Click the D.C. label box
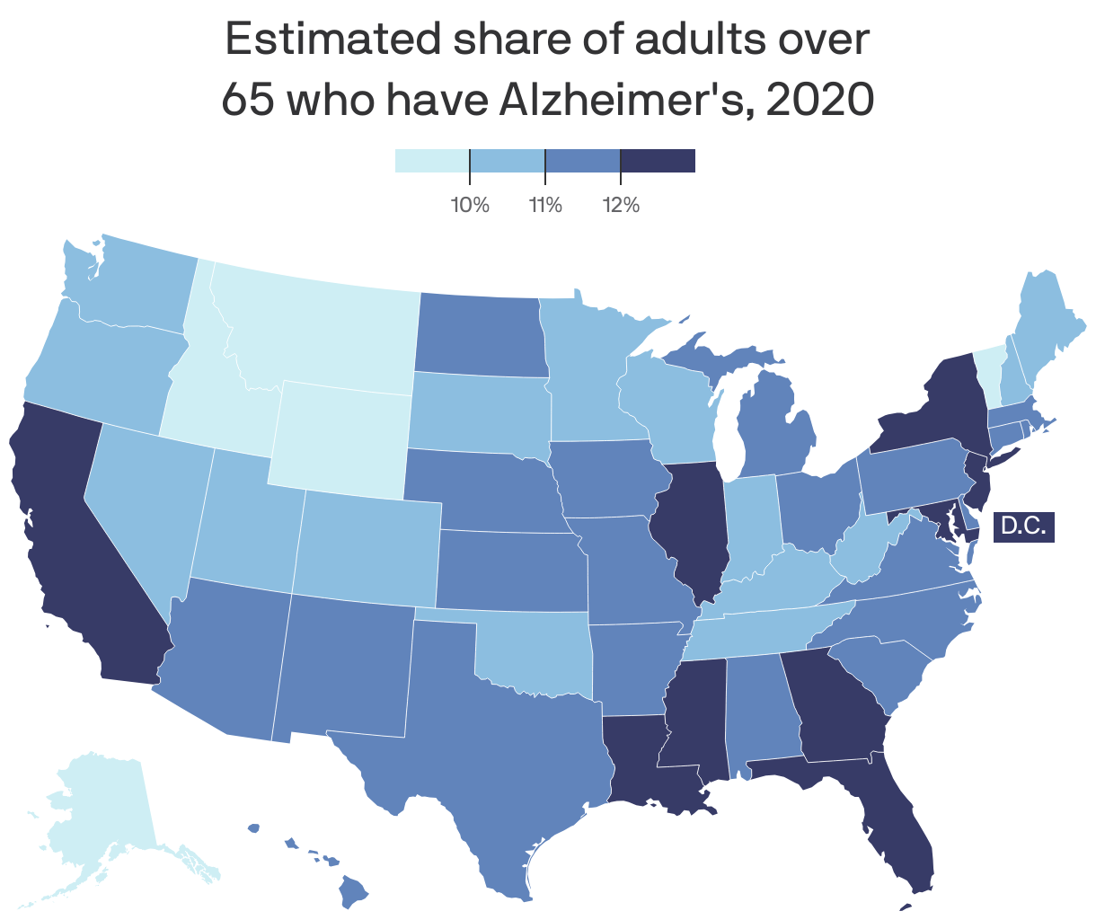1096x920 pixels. coord(1023,526)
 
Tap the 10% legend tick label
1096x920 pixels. coord(470,206)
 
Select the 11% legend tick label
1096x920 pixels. coord(545,206)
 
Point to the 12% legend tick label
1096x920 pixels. coord(621,206)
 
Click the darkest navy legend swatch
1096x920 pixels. coord(658,161)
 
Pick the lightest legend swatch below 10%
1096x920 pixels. coord(432,161)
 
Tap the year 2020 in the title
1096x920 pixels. coord(821,99)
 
